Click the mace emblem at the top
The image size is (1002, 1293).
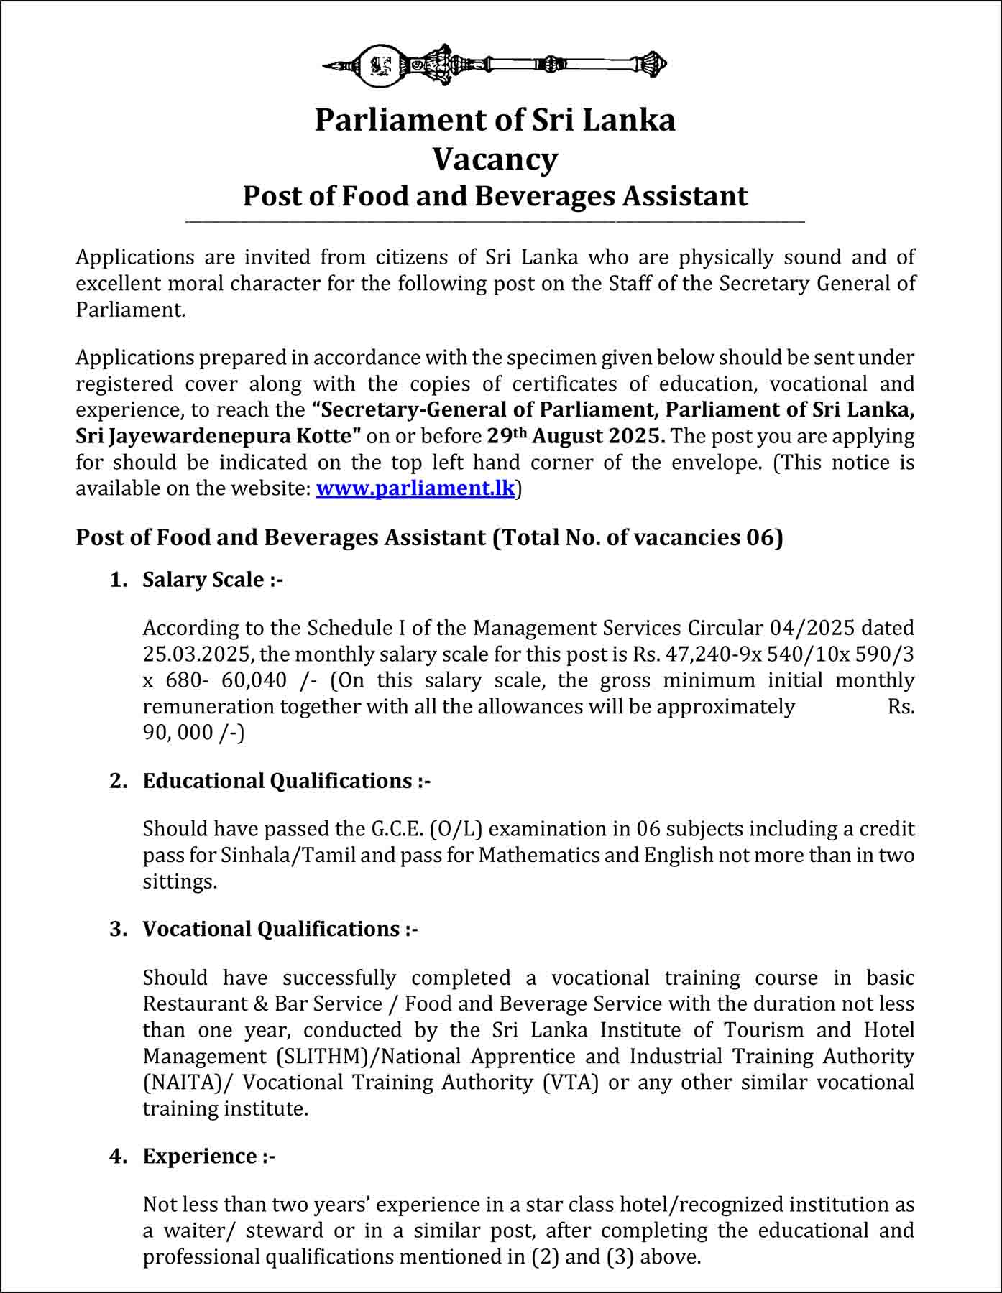click(x=495, y=65)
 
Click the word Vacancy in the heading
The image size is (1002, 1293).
click(x=495, y=159)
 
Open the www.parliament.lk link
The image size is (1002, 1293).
click(x=415, y=488)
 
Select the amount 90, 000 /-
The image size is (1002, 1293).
click(x=193, y=733)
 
